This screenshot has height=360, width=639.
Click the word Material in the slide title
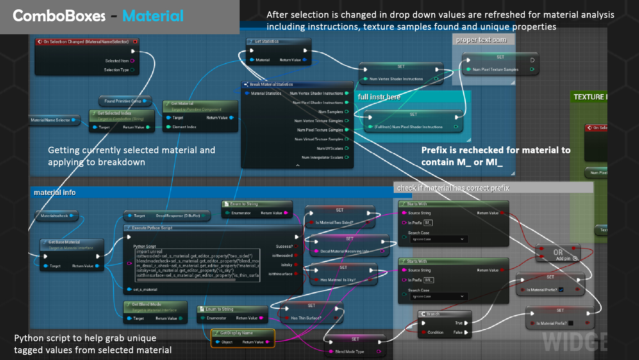tap(153, 16)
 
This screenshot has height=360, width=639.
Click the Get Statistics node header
tap(266, 42)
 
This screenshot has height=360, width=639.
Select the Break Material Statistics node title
tap(271, 85)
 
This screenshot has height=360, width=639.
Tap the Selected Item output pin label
tap(117, 61)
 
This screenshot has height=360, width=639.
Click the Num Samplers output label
tap(330, 112)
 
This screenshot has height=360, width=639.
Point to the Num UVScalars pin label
tap(329, 148)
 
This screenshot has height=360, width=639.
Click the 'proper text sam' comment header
tap(481, 40)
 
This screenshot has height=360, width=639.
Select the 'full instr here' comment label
tap(379, 97)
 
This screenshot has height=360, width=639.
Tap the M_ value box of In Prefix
tap(428, 223)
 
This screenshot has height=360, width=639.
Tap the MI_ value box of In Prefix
tap(429, 280)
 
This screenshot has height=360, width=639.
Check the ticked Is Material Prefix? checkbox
tap(561, 290)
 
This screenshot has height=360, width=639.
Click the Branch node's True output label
tap(459, 323)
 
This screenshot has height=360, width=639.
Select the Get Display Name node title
tap(236, 333)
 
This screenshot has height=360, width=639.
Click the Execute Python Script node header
tap(152, 228)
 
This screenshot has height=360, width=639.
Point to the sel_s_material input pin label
tap(145, 289)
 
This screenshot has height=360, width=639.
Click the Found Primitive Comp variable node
tap(122, 101)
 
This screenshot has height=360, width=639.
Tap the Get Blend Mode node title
tap(146, 304)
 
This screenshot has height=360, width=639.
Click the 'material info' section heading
tap(55, 193)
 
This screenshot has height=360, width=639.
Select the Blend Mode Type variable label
tap(349, 352)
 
